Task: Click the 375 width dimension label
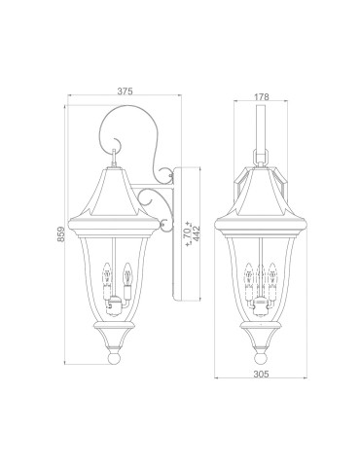[x=123, y=90]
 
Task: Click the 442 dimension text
[x=198, y=233]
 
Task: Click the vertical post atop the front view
[x=258, y=122]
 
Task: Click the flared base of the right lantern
[x=258, y=340]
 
